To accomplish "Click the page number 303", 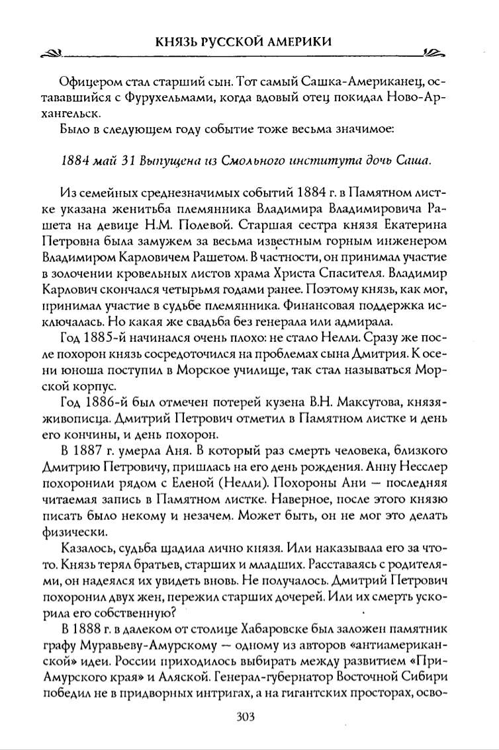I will tap(250, 718).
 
